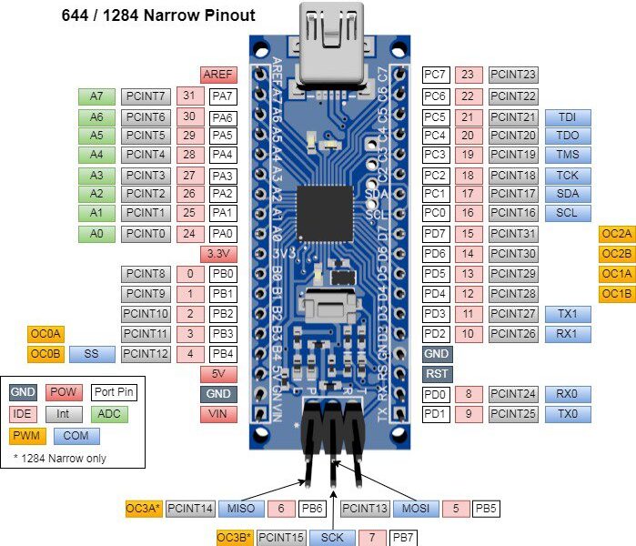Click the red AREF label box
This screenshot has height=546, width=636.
(218, 75)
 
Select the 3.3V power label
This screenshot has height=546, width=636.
(218, 254)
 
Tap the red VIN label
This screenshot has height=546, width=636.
(218, 414)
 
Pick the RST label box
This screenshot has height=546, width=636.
(438, 374)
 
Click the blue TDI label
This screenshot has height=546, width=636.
(568, 117)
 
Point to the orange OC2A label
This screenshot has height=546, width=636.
(617, 234)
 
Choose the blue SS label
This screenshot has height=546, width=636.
(91, 353)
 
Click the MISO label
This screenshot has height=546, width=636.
(241, 509)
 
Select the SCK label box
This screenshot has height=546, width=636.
(332, 538)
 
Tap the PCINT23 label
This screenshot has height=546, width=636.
(513, 75)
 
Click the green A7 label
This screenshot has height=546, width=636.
(96, 96)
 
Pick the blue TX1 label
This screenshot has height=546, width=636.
(568, 314)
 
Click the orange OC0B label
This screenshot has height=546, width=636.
(45, 353)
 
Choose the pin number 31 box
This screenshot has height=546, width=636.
(189, 96)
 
